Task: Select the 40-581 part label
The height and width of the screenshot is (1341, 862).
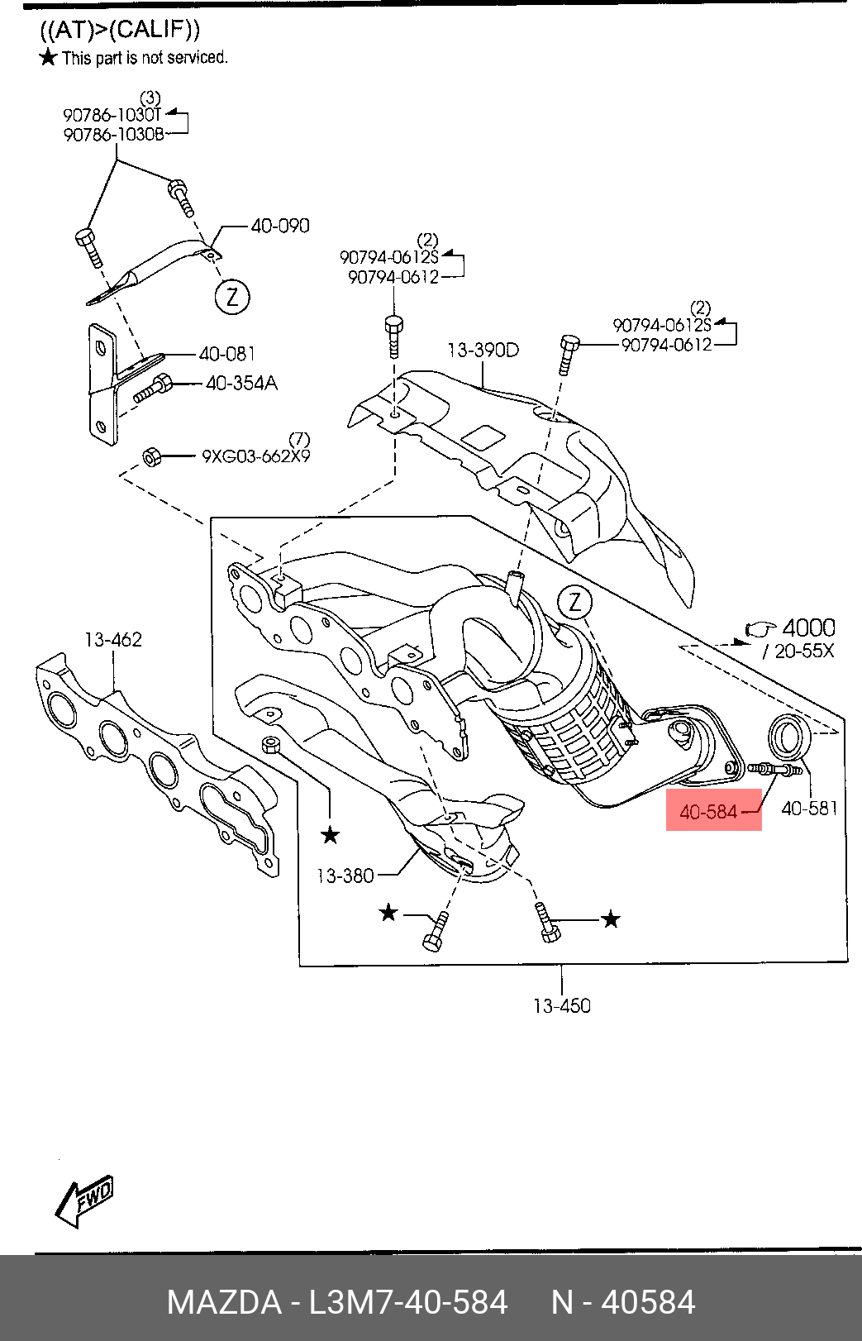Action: [x=809, y=809]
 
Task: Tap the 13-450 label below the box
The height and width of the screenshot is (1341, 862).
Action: [x=562, y=1005]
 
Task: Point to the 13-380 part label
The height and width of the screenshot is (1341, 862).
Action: [x=345, y=875]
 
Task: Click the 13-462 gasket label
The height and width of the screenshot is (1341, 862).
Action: [x=112, y=639]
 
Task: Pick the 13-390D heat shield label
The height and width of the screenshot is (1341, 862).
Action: [x=483, y=350]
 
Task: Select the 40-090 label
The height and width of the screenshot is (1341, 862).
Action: [x=280, y=226]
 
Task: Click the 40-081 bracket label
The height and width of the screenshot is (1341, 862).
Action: [x=227, y=355]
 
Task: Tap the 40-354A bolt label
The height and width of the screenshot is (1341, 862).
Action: [x=241, y=383]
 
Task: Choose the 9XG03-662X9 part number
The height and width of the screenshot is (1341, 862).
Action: [x=256, y=456]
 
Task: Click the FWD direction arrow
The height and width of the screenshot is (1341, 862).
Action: [x=84, y=1200]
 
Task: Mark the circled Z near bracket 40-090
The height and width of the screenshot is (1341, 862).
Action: [x=232, y=296]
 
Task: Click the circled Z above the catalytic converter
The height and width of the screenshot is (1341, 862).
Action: [x=575, y=603]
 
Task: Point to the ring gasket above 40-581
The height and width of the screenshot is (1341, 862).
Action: [x=790, y=735]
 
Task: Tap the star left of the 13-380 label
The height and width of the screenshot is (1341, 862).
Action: [x=330, y=835]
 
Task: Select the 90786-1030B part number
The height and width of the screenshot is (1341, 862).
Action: [x=113, y=134]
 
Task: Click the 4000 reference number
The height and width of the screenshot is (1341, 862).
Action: [x=807, y=628]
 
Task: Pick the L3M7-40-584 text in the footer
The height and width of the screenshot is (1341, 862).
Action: [x=407, y=1302]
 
